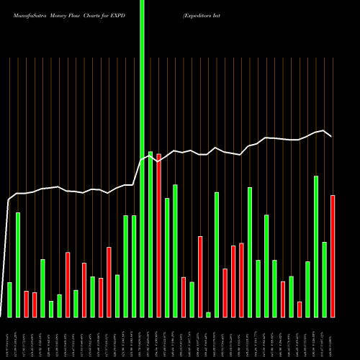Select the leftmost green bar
tap(9, 300)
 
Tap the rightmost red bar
tap(333, 256)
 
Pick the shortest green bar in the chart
tap(208, 315)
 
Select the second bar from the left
tap(18, 265)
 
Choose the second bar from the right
tap(325, 279)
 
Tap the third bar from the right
tap(316, 246)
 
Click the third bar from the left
tap(26, 304)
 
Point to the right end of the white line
tap(331, 136)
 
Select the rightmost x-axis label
tap(333, 338)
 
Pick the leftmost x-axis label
tap(9, 338)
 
